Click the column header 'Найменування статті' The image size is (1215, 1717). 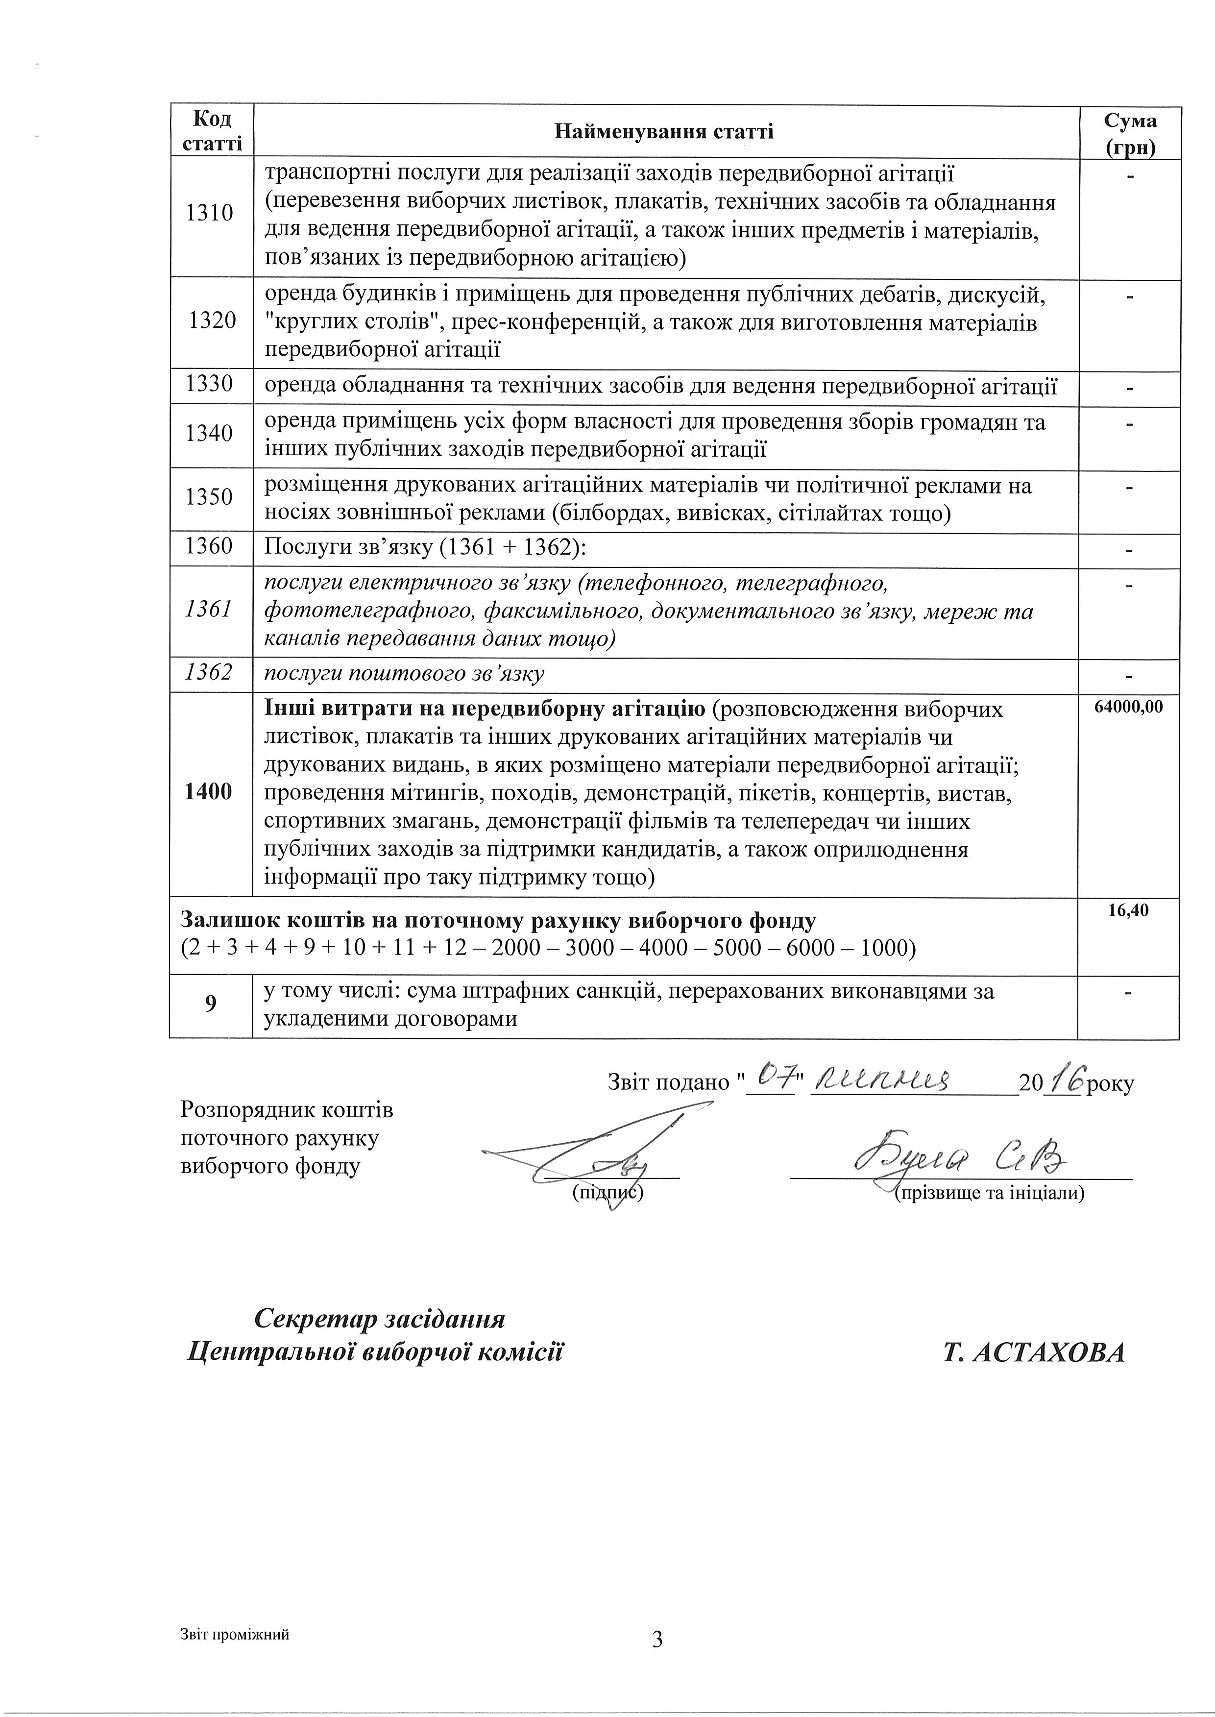(664, 132)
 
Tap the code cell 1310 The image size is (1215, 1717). (210, 213)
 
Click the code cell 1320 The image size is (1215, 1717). (212, 321)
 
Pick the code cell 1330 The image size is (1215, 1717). (210, 385)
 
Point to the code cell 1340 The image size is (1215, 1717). (210, 433)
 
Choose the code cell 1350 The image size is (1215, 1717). (210, 497)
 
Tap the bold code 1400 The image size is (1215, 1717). (209, 791)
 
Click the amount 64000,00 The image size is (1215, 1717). (1128, 706)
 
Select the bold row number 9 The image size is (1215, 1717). (210, 1003)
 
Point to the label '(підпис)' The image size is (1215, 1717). (607, 1193)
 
